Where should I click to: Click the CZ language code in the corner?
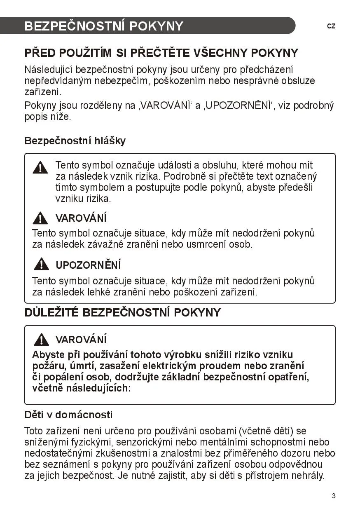point(331,26)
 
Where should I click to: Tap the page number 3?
point(334,496)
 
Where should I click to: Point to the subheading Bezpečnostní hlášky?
point(75,141)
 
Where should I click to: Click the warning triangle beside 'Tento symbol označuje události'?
point(40,167)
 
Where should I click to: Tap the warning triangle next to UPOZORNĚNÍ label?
point(41,264)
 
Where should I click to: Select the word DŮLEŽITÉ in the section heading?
point(51,312)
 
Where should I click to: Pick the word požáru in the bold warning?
point(46,366)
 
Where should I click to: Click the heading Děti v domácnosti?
point(68,414)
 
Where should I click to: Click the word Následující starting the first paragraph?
point(48,70)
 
